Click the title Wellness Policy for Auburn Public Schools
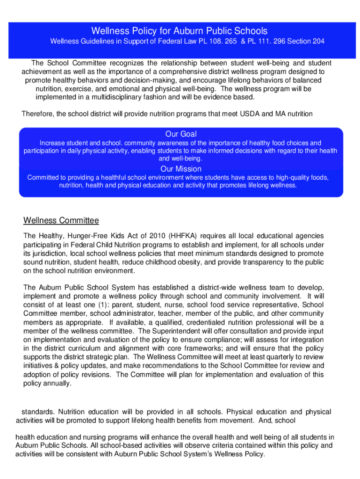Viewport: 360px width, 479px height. coord(180,31)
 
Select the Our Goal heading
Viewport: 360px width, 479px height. coord(181,134)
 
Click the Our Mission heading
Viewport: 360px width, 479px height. coord(181,169)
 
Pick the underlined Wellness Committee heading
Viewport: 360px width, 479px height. coord(61,220)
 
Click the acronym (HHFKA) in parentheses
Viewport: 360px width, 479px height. coord(187,236)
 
